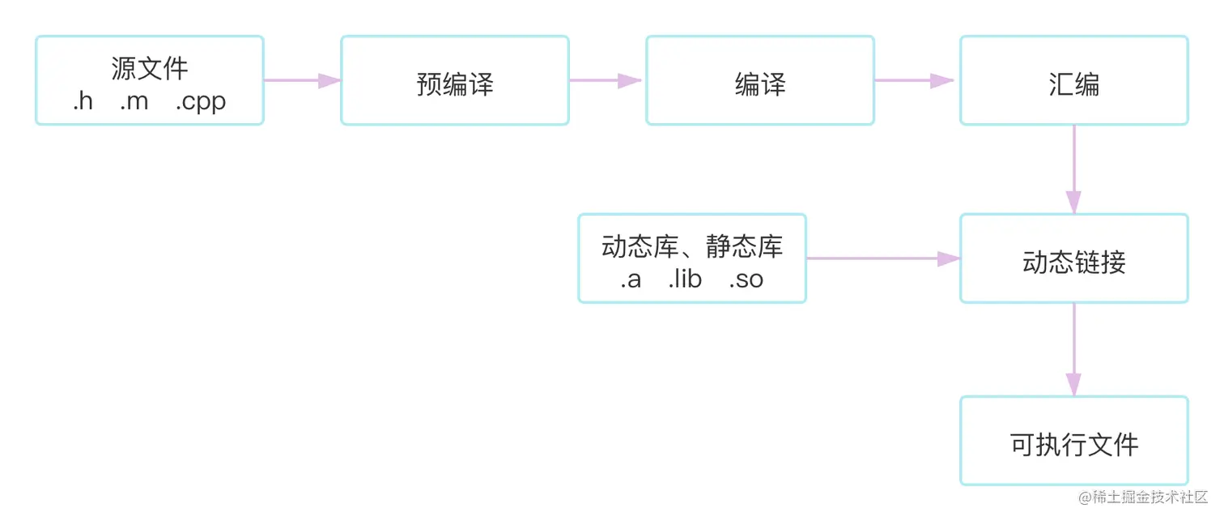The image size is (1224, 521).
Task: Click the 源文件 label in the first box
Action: point(150,68)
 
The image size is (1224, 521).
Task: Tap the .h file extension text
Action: point(83,102)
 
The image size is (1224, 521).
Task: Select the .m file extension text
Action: point(134,102)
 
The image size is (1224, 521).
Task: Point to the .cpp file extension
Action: point(201,103)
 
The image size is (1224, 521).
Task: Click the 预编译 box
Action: point(455,80)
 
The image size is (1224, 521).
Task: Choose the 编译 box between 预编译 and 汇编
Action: point(760,80)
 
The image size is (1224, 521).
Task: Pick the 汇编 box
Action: point(1074,80)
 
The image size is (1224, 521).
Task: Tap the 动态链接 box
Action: point(1074,258)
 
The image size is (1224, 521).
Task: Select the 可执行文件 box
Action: point(1074,441)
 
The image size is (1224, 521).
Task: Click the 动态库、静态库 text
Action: point(692,246)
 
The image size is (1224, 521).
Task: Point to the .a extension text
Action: point(631,280)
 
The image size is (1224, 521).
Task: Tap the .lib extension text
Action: point(685,280)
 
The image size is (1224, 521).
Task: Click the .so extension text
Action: point(746,280)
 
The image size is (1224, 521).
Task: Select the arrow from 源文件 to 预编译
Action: point(302,80)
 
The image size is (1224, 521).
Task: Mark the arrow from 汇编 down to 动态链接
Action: point(1074,169)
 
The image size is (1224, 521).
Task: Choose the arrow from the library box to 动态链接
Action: point(882,258)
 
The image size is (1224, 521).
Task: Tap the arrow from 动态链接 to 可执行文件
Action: point(1074,349)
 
